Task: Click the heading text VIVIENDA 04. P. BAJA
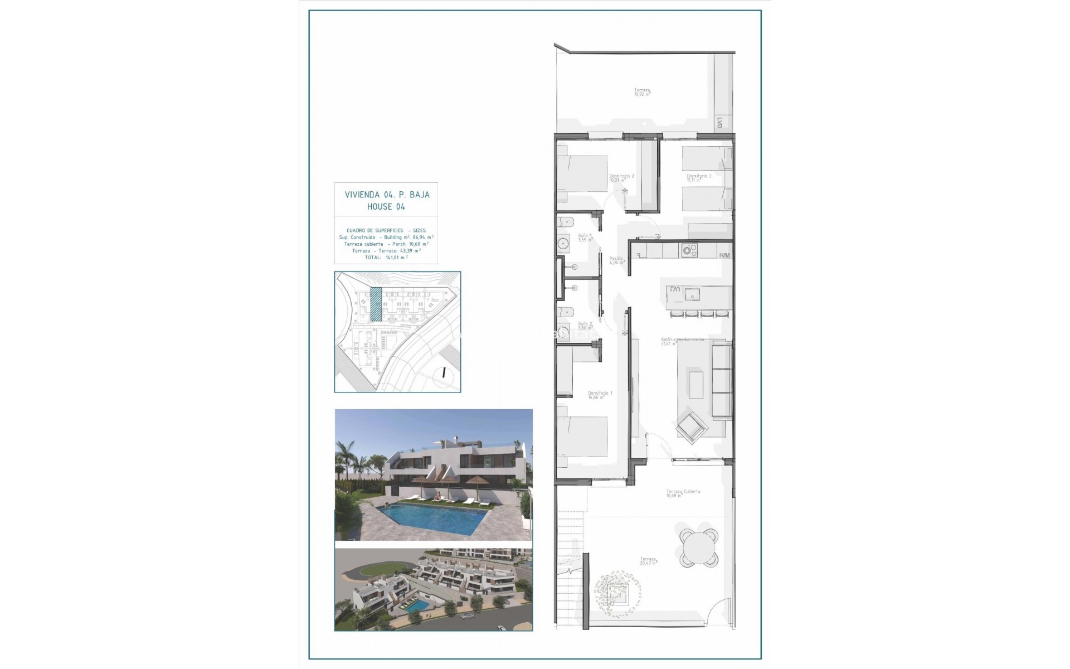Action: click(x=387, y=195)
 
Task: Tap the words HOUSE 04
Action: click(x=386, y=206)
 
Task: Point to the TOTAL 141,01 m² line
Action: click(x=386, y=257)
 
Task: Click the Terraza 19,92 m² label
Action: click(x=642, y=91)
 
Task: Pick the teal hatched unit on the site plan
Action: click(x=376, y=304)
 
